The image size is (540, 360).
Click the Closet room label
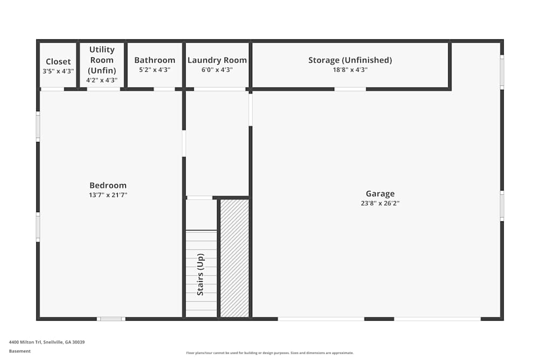58,62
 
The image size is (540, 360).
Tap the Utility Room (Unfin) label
102,60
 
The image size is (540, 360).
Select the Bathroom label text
154,60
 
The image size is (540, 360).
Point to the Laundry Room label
217,60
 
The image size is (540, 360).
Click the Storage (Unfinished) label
350,60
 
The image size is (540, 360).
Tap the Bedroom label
108,186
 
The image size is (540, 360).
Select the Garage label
380,194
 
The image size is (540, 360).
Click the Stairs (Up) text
200,274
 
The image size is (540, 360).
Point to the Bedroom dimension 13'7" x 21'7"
108,195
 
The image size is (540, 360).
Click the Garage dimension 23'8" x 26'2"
380,203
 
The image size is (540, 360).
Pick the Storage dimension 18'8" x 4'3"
350,70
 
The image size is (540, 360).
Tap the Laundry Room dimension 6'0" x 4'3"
217,70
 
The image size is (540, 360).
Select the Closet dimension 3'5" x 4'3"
58,71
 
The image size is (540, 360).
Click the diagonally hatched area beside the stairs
234,258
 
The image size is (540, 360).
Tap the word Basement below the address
19,351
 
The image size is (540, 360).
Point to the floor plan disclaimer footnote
269,353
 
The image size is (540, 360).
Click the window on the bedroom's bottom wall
111,319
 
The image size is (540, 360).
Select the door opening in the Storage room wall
350,89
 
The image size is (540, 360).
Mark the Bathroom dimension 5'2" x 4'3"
154,70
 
